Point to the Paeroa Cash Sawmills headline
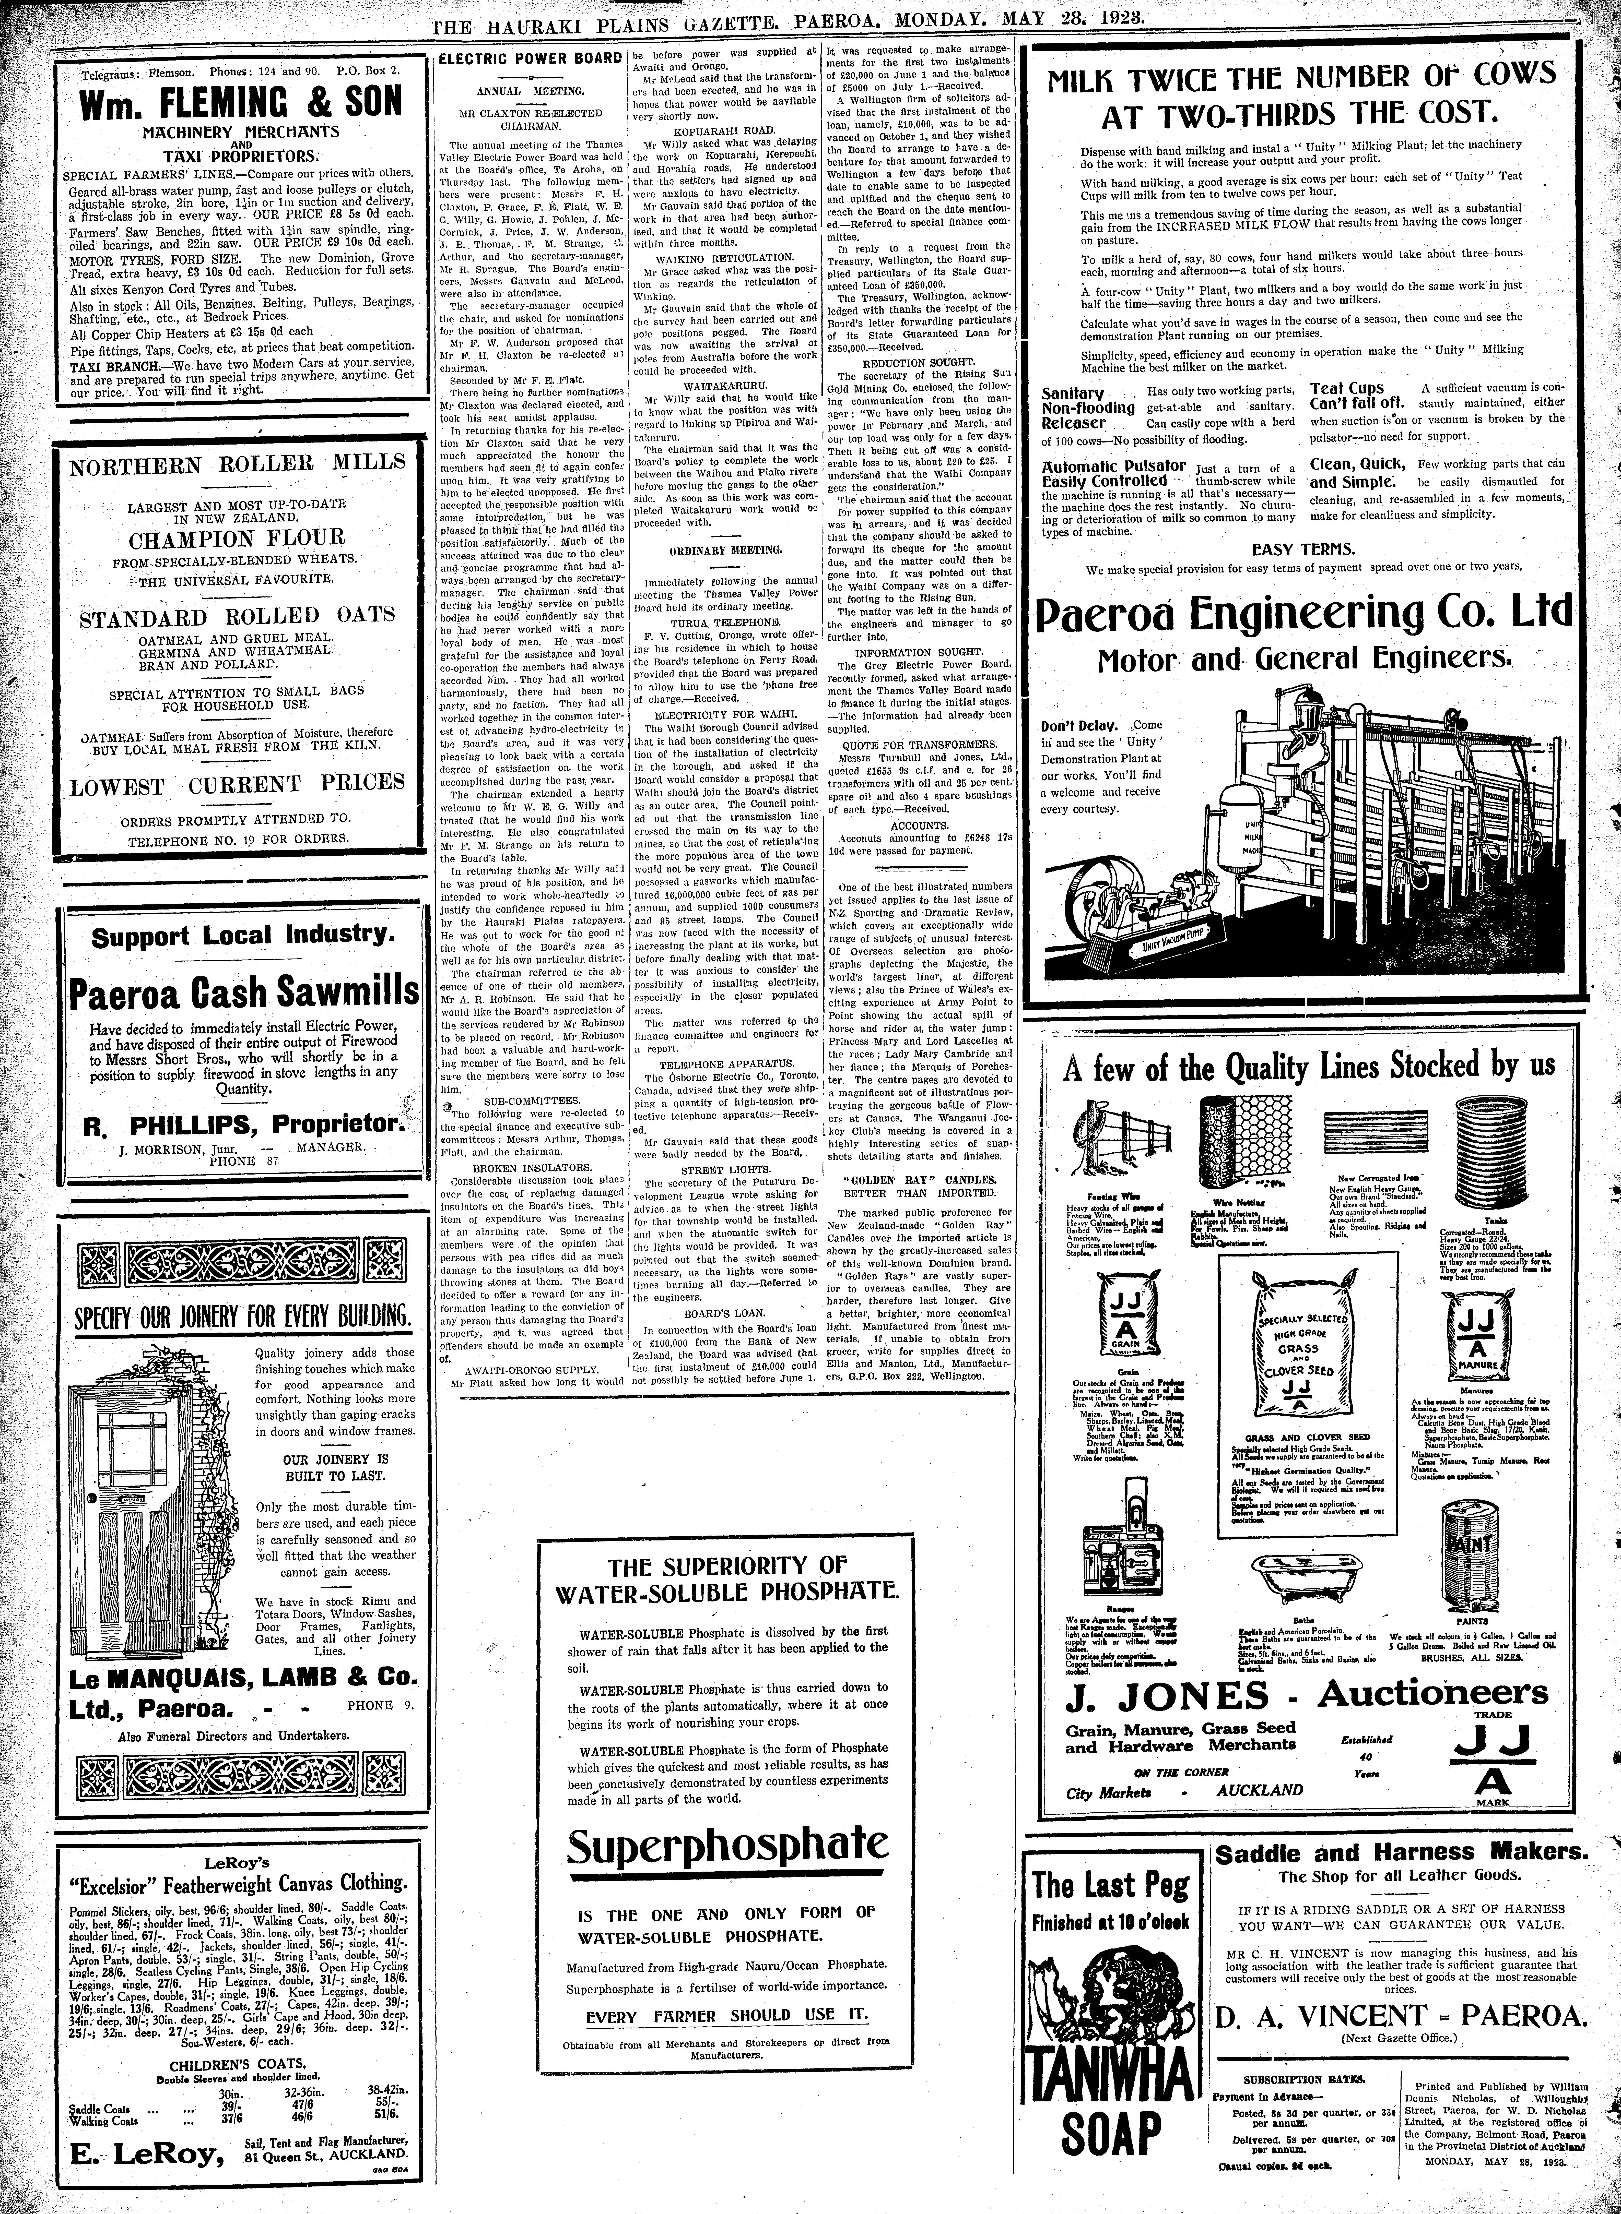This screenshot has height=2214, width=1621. click(x=243, y=994)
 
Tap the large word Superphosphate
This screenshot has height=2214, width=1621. click(x=728, y=1847)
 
